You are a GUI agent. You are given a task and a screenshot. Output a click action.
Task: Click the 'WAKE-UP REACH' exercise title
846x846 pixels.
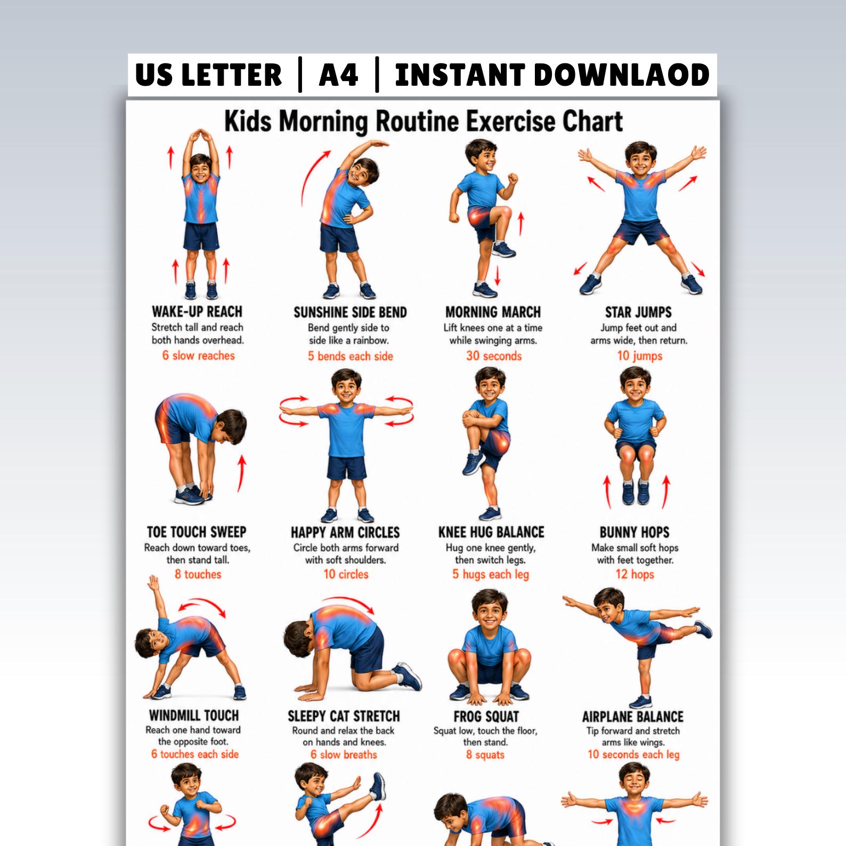click(197, 312)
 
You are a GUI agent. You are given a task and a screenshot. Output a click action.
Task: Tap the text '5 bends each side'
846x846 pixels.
click(351, 356)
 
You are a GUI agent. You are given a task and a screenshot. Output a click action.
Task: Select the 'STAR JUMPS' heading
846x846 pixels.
click(638, 312)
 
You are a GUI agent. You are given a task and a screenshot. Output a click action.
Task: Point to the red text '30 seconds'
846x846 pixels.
click(494, 356)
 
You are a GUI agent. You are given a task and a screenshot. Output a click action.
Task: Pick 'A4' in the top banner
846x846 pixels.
click(338, 75)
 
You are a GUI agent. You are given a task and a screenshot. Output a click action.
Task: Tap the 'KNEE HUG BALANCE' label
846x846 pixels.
click(491, 532)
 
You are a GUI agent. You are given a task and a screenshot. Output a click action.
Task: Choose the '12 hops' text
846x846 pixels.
click(634, 574)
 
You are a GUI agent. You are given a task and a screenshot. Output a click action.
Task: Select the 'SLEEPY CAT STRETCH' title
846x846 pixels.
click(344, 716)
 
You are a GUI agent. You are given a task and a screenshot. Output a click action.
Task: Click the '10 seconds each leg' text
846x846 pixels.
click(633, 754)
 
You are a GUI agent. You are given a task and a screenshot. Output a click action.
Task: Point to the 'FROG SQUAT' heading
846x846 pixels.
click(486, 717)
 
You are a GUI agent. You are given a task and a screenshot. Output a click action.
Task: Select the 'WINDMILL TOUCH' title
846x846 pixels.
click(193, 715)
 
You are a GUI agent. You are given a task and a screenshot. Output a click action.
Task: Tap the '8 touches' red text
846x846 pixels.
click(198, 574)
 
